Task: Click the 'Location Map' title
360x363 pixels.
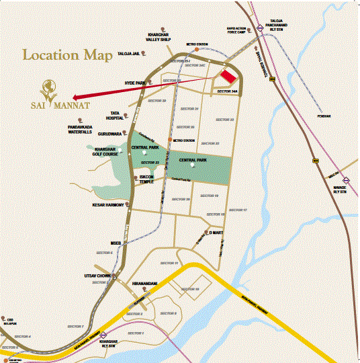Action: (x=68, y=54)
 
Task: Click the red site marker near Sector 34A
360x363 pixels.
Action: (x=230, y=77)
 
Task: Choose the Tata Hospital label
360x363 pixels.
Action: (x=116, y=116)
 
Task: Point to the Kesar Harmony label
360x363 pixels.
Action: (x=107, y=205)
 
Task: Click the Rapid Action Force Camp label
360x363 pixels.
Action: (x=240, y=30)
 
